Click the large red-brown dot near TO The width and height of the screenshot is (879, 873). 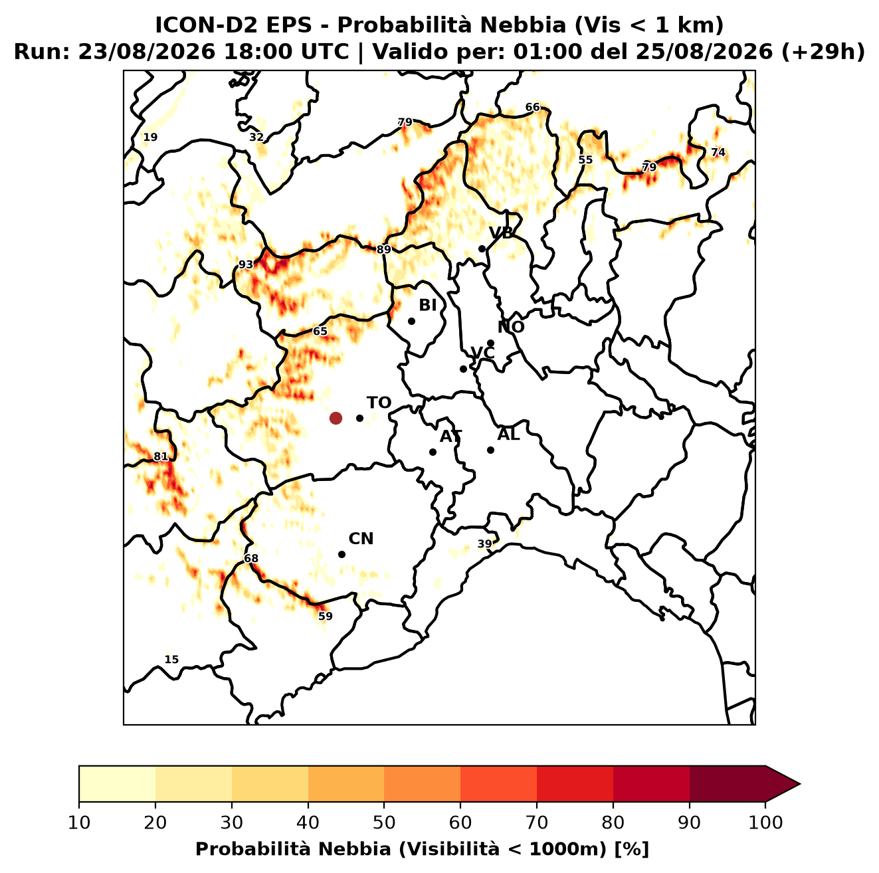tap(336, 417)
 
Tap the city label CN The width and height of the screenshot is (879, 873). tap(361, 539)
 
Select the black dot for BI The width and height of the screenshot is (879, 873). tap(411, 322)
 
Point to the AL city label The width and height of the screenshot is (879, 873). tap(508, 435)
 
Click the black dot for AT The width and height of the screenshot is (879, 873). tap(433, 452)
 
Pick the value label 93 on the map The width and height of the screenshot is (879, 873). tap(246, 264)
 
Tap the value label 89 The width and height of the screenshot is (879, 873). tap(383, 250)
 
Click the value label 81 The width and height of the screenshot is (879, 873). tap(161, 457)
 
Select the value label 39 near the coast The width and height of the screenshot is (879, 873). tap(484, 544)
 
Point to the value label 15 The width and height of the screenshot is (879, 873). tap(171, 660)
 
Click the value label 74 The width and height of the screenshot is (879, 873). tap(718, 152)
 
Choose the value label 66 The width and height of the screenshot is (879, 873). tap(532, 107)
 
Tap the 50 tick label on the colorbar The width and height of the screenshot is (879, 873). tap(384, 823)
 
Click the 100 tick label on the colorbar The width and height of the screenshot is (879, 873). tap(766, 823)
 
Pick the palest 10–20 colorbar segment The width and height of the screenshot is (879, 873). tap(117, 784)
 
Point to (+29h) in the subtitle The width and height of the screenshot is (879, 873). tap(823, 52)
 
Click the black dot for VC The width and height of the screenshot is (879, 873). tap(463, 369)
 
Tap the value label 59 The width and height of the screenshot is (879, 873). tap(326, 616)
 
